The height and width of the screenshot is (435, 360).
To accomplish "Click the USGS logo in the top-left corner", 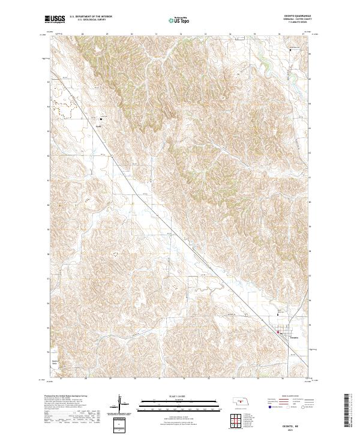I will tap(55, 20).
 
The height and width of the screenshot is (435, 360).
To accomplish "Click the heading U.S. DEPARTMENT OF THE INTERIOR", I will tap(89, 17).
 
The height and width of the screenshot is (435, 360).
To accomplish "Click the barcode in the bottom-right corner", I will tap(352, 414).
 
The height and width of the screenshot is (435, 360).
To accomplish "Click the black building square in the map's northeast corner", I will tap(292, 50).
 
